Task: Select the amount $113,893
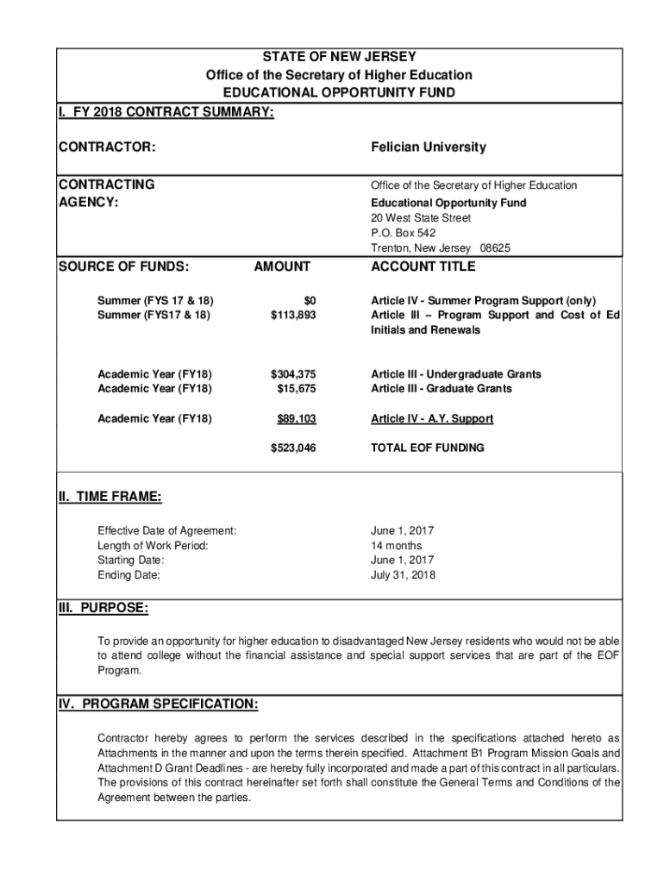point(293,315)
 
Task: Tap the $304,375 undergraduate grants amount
point(293,374)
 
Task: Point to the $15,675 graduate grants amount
point(298,388)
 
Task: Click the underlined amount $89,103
point(296,418)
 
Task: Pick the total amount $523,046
point(293,448)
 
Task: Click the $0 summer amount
point(310,300)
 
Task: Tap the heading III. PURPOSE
point(103,609)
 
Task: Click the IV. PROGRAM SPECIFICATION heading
point(158,705)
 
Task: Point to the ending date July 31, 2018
point(403,574)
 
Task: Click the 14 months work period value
point(396,545)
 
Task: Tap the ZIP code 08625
point(495,248)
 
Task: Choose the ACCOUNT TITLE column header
point(423,267)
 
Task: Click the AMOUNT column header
point(282,267)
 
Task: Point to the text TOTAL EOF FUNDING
point(427,448)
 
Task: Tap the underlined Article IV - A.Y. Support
point(432,418)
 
